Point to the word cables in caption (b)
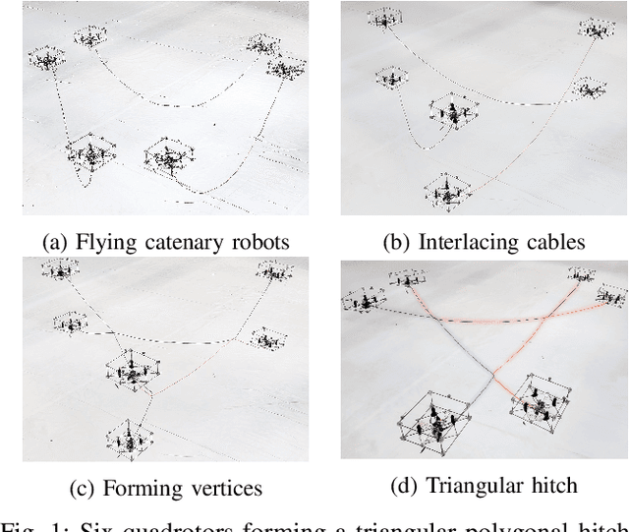click(x=551, y=240)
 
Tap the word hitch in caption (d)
click(x=552, y=484)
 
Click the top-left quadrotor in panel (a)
click(x=45, y=59)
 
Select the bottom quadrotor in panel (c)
click(x=127, y=437)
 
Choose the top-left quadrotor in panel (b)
click(x=383, y=18)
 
